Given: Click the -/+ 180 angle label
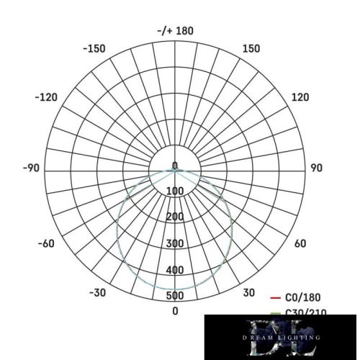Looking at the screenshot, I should point(175,31).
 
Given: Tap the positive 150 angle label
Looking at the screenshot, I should point(252,49).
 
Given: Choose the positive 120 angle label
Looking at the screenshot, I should point(300,98).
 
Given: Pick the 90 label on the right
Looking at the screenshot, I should point(316,168).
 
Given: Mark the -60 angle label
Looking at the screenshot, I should point(45,243).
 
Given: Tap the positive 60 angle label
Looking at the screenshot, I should point(300,243).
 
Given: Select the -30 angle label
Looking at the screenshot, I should point(98,292).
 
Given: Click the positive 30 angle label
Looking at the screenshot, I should point(249,292).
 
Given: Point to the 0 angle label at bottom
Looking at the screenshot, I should point(175,310).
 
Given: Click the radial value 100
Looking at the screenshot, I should point(175,191).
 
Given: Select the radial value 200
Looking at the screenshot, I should point(175,217).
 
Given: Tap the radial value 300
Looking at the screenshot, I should point(175,243).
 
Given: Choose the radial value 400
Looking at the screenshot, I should point(175,270).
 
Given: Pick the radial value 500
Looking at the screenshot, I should point(175,296).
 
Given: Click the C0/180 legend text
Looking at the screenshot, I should point(303,297).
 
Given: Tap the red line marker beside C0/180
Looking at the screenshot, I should point(274,297).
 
